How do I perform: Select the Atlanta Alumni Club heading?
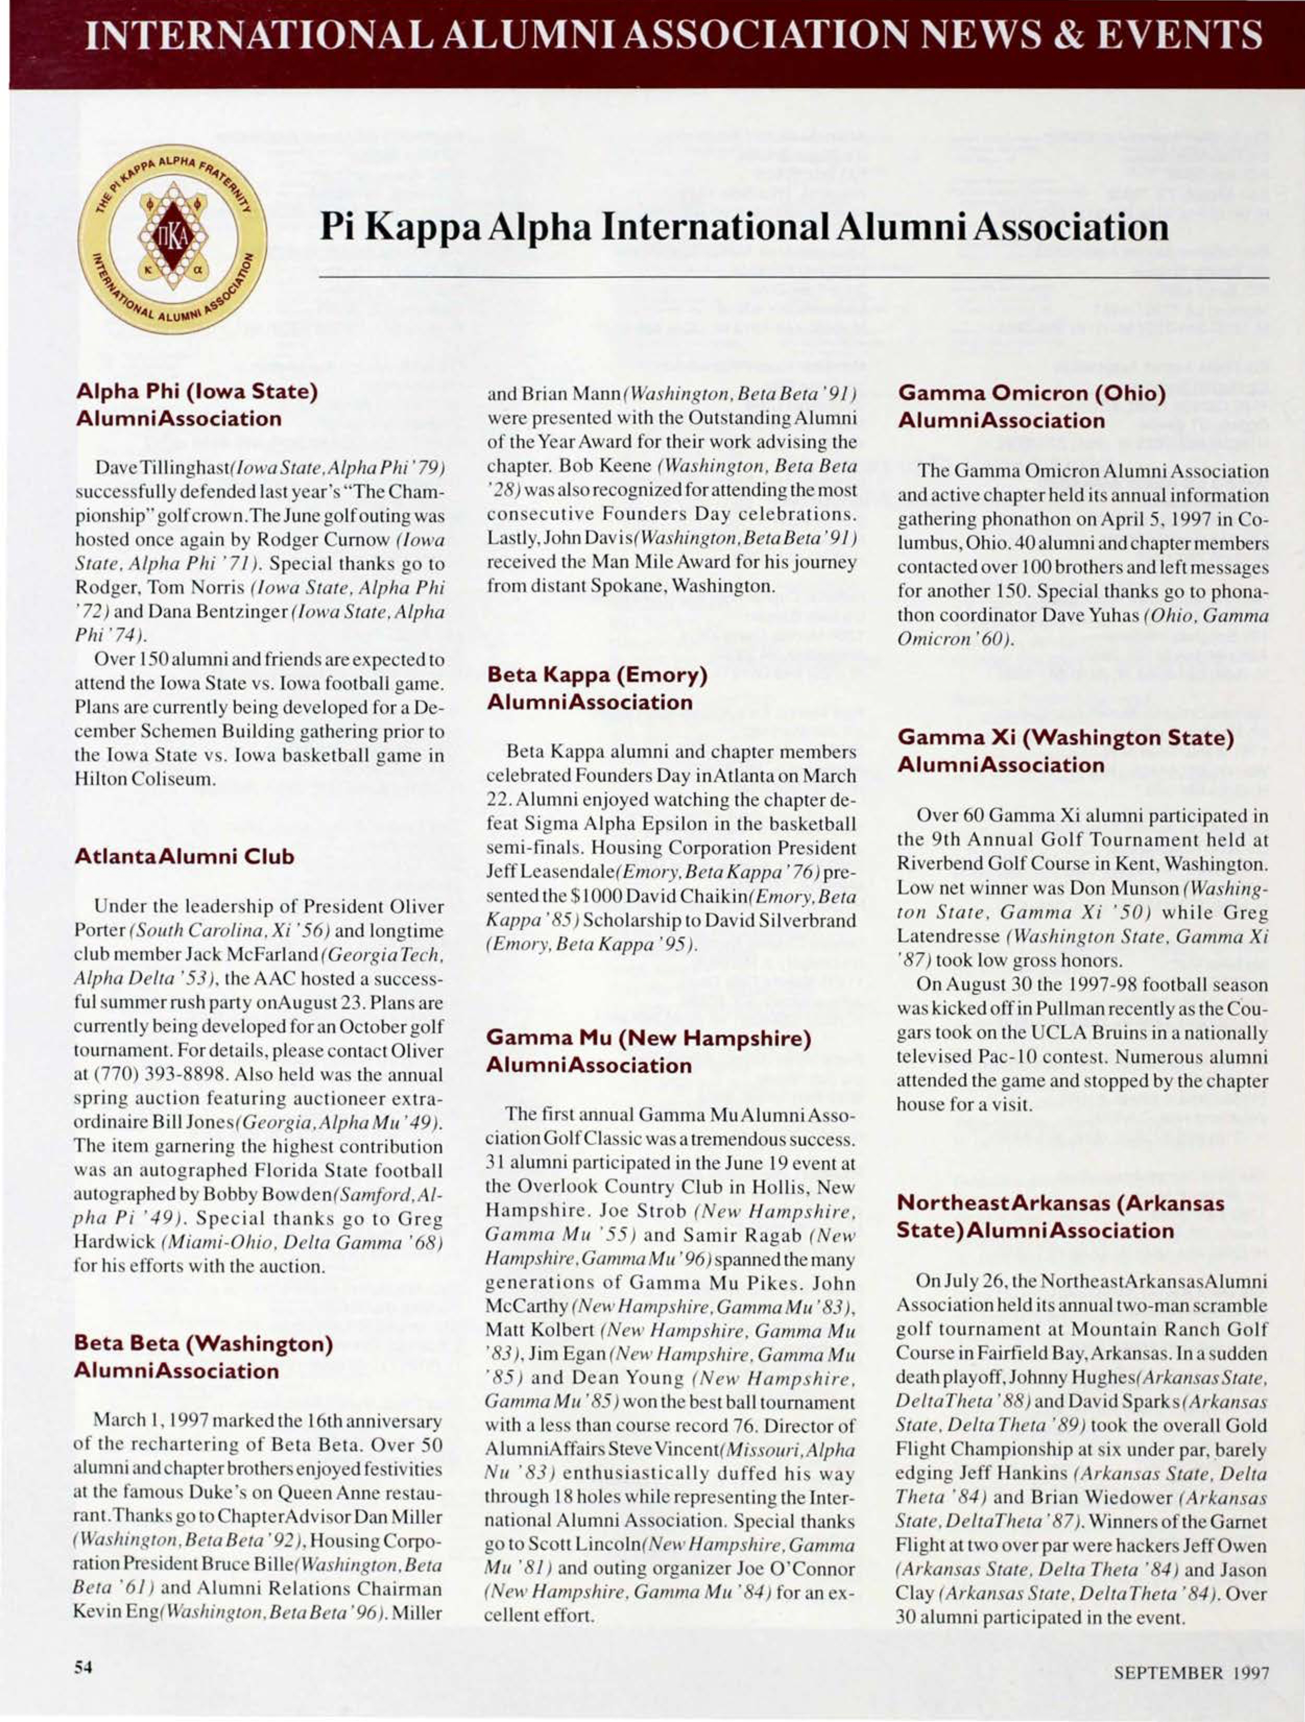(x=185, y=857)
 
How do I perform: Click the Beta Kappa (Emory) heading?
(x=597, y=689)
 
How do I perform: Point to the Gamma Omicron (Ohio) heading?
(x=1031, y=407)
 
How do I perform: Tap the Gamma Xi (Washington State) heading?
(x=1066, y=751)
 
